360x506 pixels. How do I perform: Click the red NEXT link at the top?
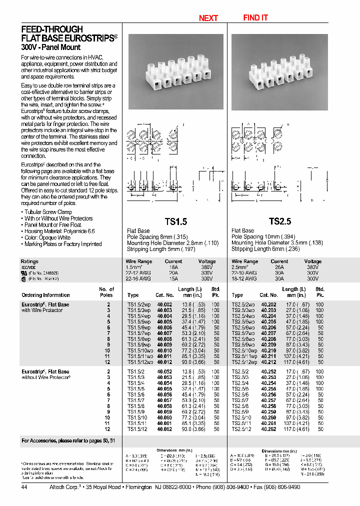[x=208, y=18]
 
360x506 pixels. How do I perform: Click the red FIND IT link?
[x=255, y=17]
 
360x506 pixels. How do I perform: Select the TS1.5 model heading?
[x=175, y=221]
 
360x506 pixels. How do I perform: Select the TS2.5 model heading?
[x=279, y=221]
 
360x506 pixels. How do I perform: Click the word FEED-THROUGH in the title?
[x=52, y=29]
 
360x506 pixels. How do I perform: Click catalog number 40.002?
[x=164, y=304]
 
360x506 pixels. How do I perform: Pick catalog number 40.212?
[x=268, y=362]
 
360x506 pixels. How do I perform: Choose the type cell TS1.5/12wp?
[x=139, y=362]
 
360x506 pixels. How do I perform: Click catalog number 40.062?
[x=164, y=429]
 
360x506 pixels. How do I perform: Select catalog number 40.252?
[x=268, y=371]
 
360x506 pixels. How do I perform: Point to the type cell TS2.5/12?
[x=241, y=429]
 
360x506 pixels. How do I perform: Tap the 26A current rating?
[x=279, y=267]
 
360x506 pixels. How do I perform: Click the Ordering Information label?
[x=45, y=295]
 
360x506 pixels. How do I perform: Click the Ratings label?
[x=29, y=261]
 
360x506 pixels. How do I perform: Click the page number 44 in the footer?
[x=25, y=487]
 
